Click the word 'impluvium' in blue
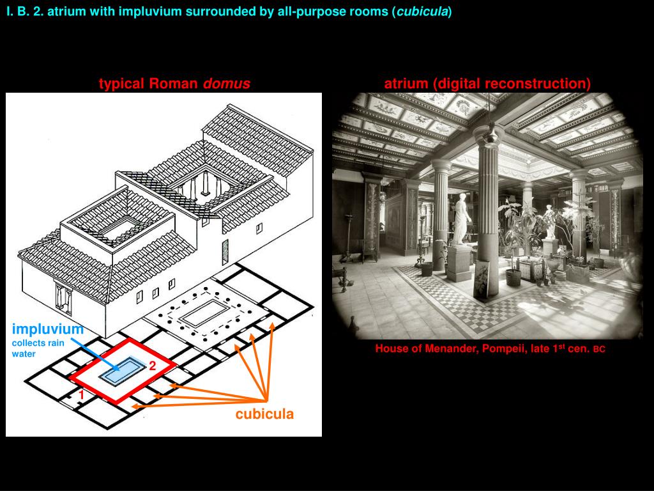point(48,329)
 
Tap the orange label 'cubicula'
point(264,414)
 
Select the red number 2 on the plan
point(153,366)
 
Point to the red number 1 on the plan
point(82,396)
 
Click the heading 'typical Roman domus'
point(174,84)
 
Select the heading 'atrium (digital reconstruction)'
point(487,84)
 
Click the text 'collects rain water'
point(38,348)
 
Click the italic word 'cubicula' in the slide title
point(422,12)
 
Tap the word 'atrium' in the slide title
point(64,12)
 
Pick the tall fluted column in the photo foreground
point(487,211)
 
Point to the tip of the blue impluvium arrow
point(121,370)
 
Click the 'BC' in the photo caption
point(599,350)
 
